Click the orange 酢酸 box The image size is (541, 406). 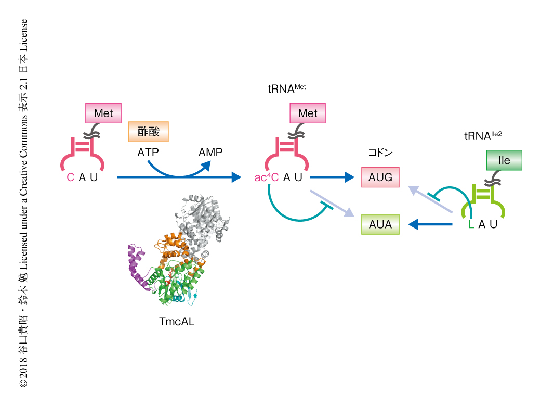pyautogui.click(x=149, y=132)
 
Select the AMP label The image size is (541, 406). pyautogui.click(x=210, y=153)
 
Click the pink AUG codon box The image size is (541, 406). pyautogui.click(x=380, y=177)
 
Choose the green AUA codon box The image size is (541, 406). pyautogui.click(x=380, y=225)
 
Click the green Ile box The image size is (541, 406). pyautogui.click(x=504, y=160)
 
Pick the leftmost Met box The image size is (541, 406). pyautogui.click(x=103, y=113)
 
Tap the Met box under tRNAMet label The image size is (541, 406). pyautogui.click(x=307, y=113)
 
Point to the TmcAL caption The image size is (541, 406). pyautogui.click(x=177, y=322)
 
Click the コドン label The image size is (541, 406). pyautogui.click(x=380, y=153)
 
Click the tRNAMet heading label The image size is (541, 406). pyautogui.click(x=286, y=88)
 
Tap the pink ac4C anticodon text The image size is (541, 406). pyautogui.click(x=267, y=177)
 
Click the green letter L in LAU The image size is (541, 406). pyautogui.click(x=471, y=225)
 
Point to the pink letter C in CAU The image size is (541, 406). pyautogui.click(x=71, y=177)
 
